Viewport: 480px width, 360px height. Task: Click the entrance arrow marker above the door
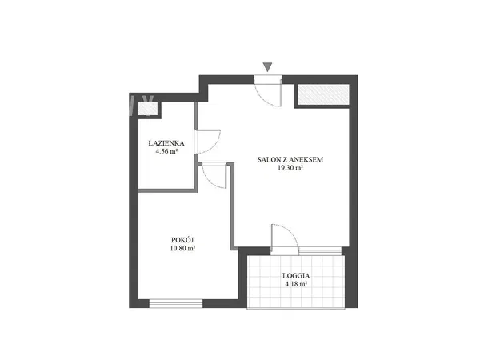267,67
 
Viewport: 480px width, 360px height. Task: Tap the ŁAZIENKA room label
166,143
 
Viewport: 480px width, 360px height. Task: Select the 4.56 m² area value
167,151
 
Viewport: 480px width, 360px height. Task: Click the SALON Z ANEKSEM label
290,159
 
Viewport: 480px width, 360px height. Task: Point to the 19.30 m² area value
290,168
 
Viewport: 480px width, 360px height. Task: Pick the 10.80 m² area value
182,248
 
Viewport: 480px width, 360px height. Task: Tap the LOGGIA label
296,275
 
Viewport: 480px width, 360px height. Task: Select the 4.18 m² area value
296,284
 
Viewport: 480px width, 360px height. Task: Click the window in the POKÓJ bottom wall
176,303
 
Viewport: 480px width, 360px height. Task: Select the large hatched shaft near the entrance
323,94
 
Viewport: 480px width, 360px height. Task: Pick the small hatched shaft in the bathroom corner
148,109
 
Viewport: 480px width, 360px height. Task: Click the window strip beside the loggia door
320,251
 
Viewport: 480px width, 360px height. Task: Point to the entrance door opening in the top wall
268,79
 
